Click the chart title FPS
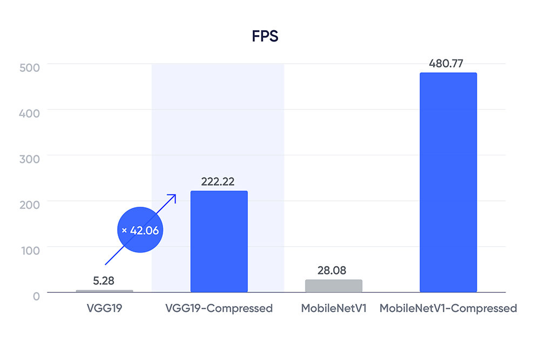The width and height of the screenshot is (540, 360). [x=265, y=37]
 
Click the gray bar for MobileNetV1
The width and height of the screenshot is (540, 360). [x=333, y=286]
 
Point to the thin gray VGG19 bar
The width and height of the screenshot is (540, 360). [x=104, y=291]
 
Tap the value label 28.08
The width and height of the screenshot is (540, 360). [x=332, y=270]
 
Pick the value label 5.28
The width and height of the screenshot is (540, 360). [x=104, y=281]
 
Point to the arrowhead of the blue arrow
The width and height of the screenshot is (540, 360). [x=174, y=196]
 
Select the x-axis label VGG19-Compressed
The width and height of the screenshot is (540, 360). [x=218, y=309]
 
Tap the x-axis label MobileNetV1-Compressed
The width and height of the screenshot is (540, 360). [x=448, y=309]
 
